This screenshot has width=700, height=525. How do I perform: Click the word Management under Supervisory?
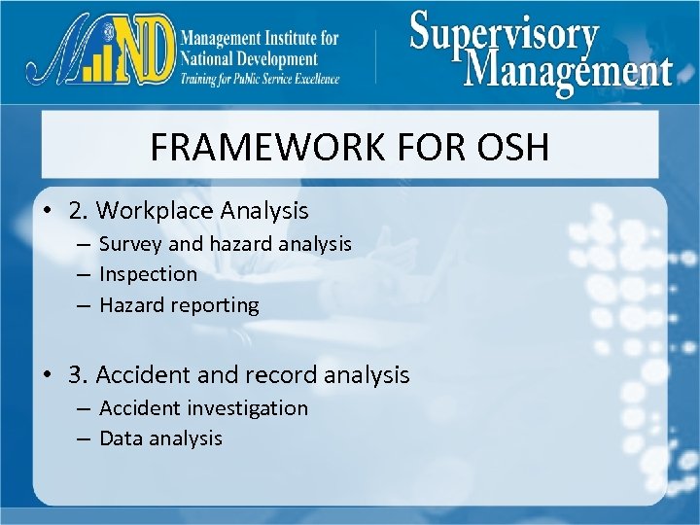point(569,70)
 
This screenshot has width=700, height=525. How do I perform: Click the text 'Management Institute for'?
point(259,39)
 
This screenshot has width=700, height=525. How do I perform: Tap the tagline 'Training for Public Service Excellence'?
point(259,79)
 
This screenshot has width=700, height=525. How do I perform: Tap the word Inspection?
point(148,274)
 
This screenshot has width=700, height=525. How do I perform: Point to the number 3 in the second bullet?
point(76,374)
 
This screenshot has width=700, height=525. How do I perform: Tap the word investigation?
point(248,408)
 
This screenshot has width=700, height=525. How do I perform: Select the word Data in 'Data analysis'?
point(121,438)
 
